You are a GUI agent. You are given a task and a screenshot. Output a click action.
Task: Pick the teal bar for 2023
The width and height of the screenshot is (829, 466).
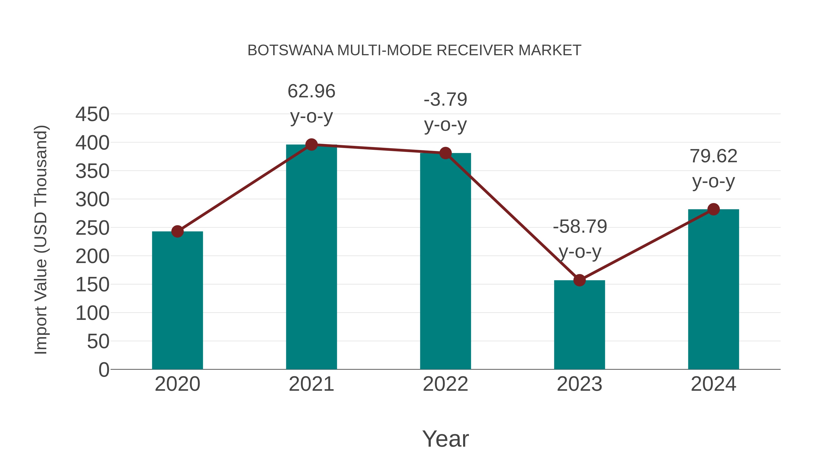pos(579,324)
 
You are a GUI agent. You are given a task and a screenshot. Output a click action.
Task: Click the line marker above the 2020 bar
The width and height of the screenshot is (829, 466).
pos(177,231)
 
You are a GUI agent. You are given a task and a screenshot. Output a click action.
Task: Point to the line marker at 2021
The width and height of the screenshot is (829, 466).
pos(311,145)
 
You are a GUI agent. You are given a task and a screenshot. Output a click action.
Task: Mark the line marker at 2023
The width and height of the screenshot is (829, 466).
pos(579,280)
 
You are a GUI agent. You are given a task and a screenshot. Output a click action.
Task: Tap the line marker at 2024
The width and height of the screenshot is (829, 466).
pos(713,209)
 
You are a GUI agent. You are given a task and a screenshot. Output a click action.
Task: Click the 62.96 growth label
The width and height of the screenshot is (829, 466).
pos(311,91)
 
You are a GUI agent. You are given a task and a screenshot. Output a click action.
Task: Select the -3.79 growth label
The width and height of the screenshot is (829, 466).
pos(445,99)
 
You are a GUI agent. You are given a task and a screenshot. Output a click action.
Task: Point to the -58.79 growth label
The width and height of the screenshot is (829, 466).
pos(580,227)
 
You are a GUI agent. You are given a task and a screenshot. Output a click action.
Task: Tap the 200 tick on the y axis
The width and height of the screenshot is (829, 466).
pos(92,256)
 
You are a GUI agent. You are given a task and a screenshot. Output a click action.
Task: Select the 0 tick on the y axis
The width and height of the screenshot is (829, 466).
pos(104,370)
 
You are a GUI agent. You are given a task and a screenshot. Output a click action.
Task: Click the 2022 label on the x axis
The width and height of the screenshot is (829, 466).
pos(445,384)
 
